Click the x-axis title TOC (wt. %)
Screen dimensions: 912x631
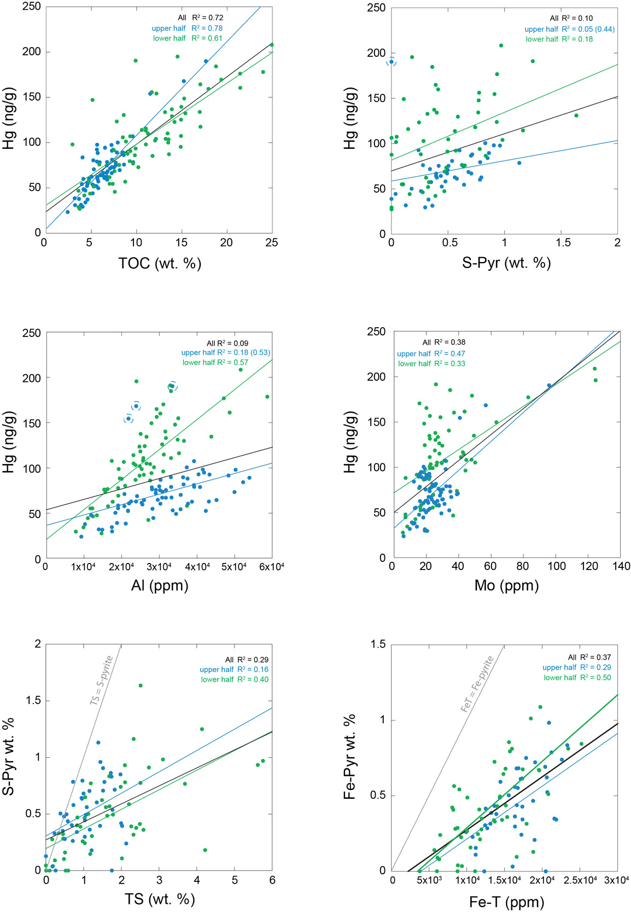[160, 264]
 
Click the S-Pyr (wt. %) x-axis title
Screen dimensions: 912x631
[506, 263]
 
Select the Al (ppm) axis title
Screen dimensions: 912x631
[160, 586]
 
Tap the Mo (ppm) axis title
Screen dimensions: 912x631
[506, 585]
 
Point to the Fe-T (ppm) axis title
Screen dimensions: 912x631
[506, 902]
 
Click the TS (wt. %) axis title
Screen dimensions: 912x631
[160, 899]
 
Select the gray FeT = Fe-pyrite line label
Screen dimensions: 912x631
[477, 684]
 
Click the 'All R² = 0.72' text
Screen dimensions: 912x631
[200, 18]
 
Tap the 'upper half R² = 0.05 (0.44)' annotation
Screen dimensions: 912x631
[569, 29]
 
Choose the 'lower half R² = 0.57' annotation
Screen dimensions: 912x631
[215, 362]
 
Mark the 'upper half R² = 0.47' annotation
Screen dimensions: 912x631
[431, 353]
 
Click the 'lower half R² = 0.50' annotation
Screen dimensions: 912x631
[577, 677]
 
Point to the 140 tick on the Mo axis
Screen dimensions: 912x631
[621, 566]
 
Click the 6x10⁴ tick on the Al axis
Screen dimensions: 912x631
[272, 567]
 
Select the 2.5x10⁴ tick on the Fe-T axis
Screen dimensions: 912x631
[580, 880]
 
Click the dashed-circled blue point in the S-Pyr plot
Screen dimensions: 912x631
[392, 62]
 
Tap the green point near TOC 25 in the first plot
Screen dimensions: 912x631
[271, 45]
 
